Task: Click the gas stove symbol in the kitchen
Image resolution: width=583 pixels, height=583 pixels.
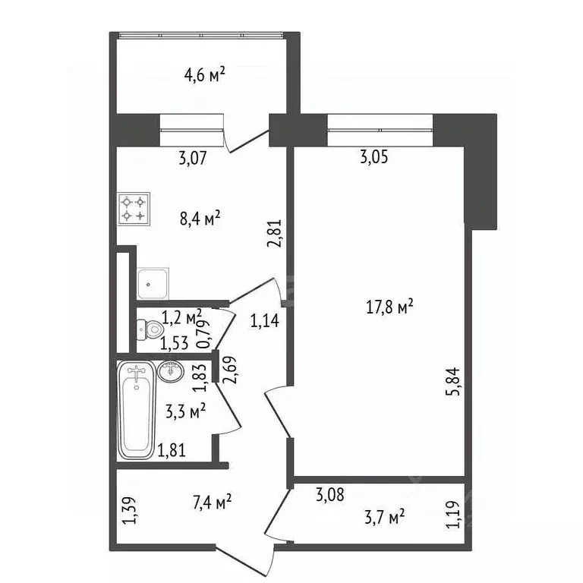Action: (134, 208)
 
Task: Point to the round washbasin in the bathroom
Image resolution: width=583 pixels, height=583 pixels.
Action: (171, 371)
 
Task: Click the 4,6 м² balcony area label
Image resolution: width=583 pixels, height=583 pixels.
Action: (206, 75)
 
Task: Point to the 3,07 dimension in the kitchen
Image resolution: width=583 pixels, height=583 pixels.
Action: (193, 159)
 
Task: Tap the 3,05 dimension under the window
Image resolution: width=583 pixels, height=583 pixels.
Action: (375, 159)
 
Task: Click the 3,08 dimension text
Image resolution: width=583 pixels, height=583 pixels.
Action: (330, 497)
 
